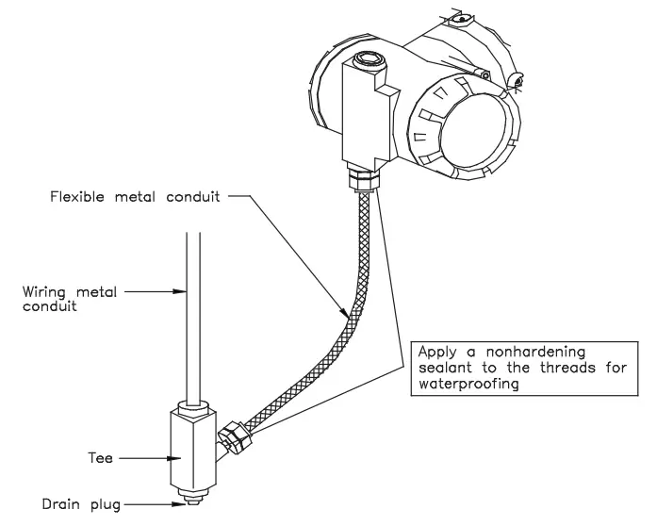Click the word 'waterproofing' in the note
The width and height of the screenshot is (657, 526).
pos(468,385)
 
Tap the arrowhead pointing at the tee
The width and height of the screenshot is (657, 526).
pos(169,461)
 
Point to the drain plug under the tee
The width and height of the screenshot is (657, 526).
pos(191,498)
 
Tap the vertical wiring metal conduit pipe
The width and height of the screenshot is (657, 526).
pos(192,311)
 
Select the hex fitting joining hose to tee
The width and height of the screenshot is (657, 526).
pos(232,437)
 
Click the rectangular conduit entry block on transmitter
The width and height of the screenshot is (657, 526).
pos(364,113)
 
